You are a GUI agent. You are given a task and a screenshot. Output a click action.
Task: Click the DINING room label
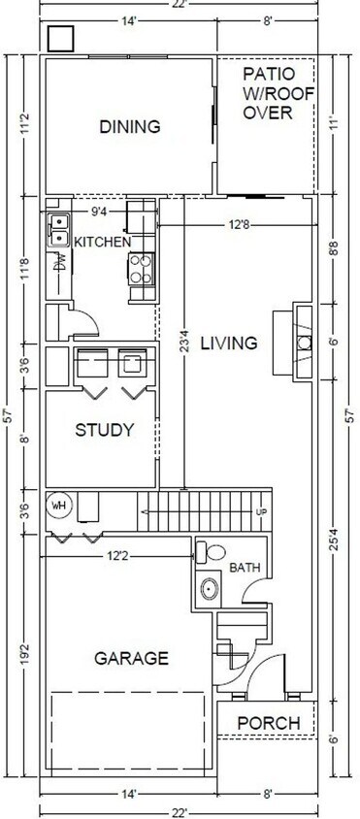click(x=129, y=126)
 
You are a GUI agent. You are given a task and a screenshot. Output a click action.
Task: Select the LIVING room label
click(x=229, y=343)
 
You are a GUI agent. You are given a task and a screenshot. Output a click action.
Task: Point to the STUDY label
click(x=103, y=430)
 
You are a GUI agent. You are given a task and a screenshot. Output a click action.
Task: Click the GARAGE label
click(x=131, y=658)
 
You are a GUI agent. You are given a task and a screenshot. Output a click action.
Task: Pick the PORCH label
click(x=268, y=723)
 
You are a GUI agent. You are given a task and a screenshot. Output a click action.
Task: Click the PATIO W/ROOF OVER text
click(x=267, y=93)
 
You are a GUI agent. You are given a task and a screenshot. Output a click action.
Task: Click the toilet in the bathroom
click(x=205, y=553)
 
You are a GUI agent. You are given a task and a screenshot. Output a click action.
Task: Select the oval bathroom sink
click(x=208, y=589)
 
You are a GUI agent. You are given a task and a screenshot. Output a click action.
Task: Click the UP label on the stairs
click(x=259, y=511)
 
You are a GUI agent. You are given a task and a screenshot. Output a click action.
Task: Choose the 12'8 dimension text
click(x=240, y=225)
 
